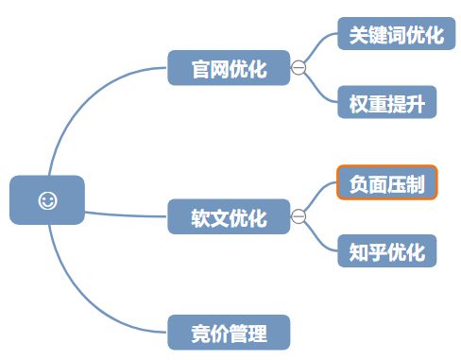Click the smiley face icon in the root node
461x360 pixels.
[47, 200]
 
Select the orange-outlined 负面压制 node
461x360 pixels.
[386, 183]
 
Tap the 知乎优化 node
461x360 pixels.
[386, 251]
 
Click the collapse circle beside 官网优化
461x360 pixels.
[299, 68]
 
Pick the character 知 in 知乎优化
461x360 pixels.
[357, 251]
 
